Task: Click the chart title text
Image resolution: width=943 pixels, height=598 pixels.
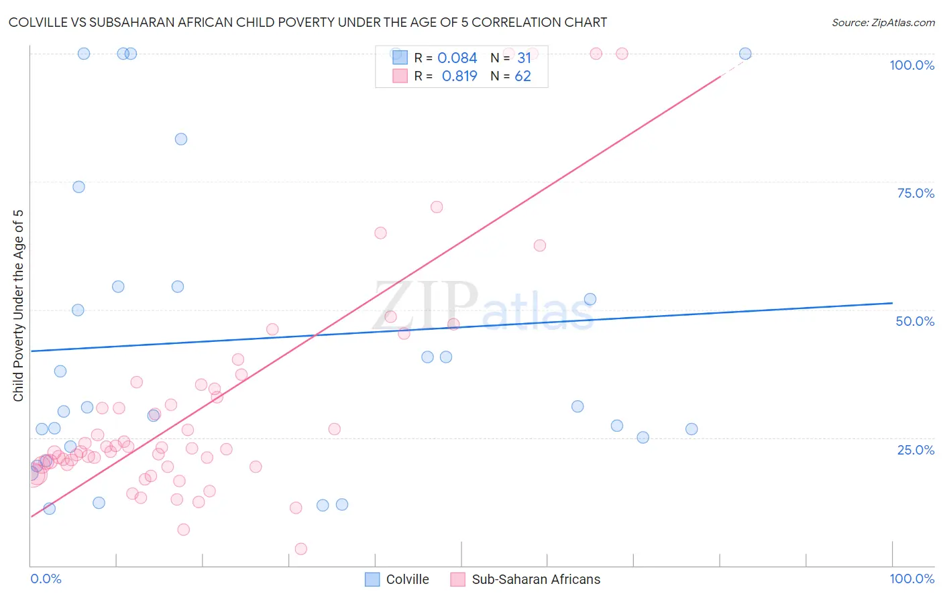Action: (308, 23)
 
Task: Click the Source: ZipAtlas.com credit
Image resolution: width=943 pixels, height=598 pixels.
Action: (883, 23)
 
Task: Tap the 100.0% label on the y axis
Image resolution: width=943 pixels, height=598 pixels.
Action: (911, 65)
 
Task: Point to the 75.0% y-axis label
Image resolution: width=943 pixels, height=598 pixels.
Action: (916, 193)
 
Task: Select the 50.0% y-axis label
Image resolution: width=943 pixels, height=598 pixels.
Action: (915, 321)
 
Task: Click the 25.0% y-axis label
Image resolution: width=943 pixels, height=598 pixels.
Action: (916, 450)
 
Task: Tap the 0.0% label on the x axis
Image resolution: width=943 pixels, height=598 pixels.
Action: (46, 579)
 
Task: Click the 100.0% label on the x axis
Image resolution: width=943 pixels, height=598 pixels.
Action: (911, 579)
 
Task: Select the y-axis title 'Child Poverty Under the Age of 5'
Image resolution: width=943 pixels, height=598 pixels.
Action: (19, 306)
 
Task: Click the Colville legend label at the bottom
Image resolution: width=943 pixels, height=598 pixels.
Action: (407, 579)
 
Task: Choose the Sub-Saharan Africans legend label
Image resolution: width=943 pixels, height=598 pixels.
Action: (536, 579)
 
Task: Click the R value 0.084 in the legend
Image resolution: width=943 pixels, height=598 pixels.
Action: (457, 58)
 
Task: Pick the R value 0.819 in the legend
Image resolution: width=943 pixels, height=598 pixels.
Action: (459, 76)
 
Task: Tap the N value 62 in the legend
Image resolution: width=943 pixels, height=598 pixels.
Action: (522, 76)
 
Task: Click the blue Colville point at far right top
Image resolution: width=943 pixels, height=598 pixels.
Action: (745, 54)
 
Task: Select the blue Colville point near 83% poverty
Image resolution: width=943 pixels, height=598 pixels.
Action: (181, 139)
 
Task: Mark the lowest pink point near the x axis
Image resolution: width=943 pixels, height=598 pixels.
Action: (301, 549)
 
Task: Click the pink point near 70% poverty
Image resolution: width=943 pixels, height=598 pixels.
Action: (437, 207)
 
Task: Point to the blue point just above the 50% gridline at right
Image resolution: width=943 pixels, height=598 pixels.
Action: (590, 299)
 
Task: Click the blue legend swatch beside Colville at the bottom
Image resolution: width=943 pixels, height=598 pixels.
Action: (372, 579)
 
